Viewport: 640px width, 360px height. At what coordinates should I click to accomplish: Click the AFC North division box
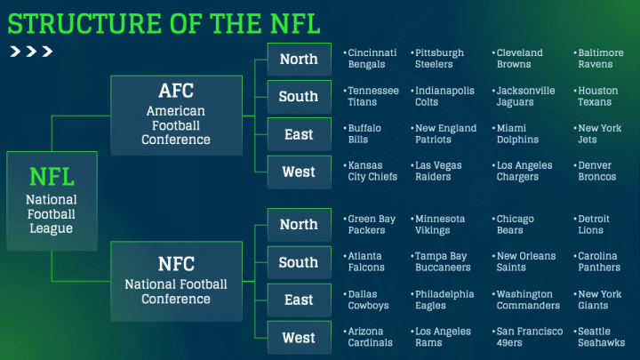click(300, 60)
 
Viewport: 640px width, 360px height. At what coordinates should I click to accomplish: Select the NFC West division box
click(300, 338)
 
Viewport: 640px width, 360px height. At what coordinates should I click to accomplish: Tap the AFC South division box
click(300, 97)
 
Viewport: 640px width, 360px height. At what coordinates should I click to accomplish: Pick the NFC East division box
click(300, 300)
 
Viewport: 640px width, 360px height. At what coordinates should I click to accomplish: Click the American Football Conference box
click(176, 115)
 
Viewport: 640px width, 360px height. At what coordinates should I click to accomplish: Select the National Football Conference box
click(176, 281)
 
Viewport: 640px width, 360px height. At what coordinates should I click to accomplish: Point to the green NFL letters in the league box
click(52, 177)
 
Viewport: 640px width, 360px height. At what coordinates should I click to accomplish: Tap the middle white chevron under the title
click(31, 52)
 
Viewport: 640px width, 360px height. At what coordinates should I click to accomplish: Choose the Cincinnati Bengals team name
click(372, 59)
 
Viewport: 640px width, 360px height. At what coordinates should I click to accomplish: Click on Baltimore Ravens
click(600, 59)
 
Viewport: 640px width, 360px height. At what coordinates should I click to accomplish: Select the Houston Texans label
click(597, 96)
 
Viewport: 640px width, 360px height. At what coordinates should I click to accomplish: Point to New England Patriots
click(445, 134)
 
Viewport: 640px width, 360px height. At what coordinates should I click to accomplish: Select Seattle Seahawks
click(601, 337)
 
